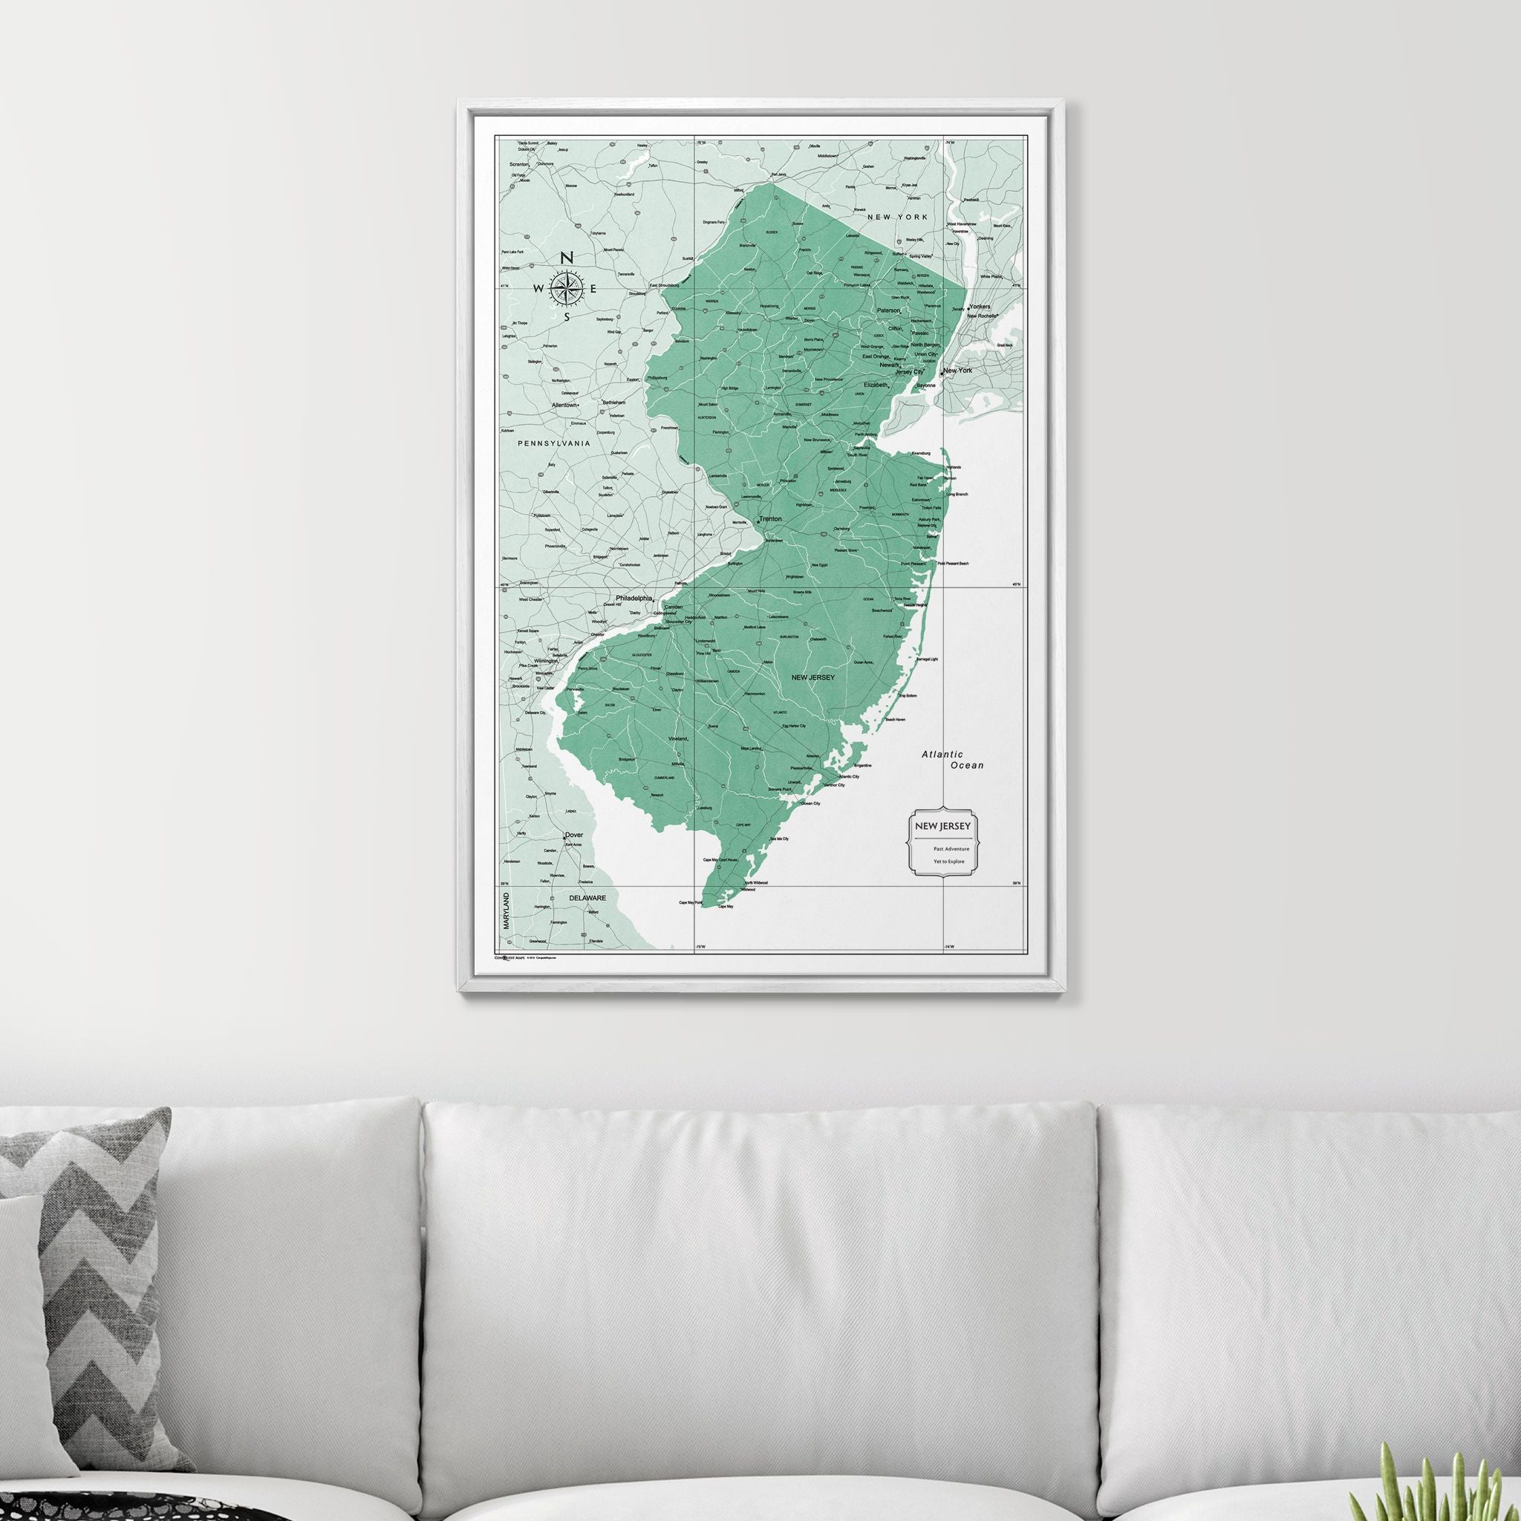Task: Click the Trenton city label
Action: click(x=771, y=520)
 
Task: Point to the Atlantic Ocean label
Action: click(x=954, y=760)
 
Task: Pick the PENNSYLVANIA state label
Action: click(x=554, y=444)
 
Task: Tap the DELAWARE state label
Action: click(x=587, y=897)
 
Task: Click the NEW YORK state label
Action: click(x=897, y=217)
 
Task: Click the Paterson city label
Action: click(x=888, y=310)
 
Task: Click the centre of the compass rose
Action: click(x=566, y=288)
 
